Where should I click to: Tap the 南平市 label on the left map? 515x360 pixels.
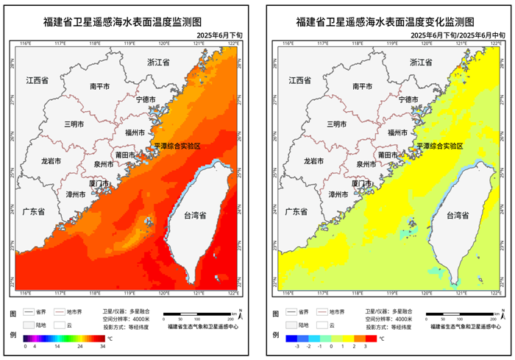coord(100,86)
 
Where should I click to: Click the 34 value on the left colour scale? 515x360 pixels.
coord(102,345)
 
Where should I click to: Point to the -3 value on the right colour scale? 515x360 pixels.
coord(296,345)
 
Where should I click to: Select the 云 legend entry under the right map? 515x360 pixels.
coord(332,325)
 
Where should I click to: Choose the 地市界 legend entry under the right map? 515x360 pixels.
coord(336,311)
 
